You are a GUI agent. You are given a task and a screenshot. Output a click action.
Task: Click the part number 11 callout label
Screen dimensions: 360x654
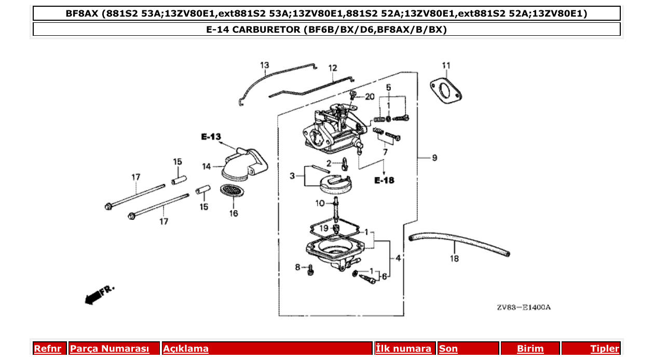coord(446,65)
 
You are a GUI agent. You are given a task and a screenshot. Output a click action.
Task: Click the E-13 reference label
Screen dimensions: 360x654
coord(211,137)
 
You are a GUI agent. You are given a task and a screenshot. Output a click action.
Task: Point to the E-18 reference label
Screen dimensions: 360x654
coord(384,181)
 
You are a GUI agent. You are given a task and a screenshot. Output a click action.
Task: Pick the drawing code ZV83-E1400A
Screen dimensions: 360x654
coord(523,307)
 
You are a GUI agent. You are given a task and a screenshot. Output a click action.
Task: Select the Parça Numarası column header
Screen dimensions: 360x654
coord(110,349)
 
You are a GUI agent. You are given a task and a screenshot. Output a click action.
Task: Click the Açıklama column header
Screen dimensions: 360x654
coord(186,349)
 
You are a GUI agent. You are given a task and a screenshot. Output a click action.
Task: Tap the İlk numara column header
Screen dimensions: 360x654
coord(403,349)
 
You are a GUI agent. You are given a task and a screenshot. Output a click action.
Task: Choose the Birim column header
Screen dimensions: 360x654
coord(530,349)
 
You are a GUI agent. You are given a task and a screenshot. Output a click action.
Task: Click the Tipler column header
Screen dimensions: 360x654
coord(605,349)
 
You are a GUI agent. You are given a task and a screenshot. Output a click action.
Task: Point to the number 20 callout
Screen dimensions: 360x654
coord(369,96)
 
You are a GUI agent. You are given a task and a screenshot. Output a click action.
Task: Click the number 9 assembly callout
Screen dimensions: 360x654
coord(434,157)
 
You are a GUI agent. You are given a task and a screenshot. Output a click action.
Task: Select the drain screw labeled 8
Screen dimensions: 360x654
coord(310,270)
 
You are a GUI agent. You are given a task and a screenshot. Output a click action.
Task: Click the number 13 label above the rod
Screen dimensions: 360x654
coord(265,65)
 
